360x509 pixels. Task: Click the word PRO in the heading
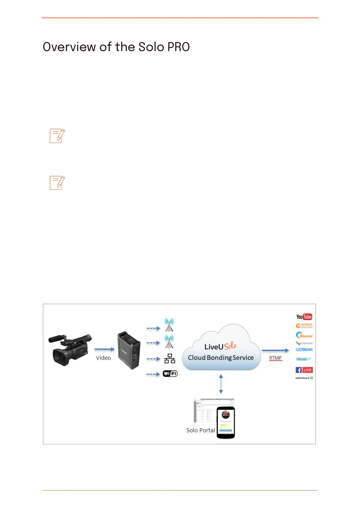pyautogui.click(x=178, y=47)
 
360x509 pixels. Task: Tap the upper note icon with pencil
pyautogui.click(x=57, y=136)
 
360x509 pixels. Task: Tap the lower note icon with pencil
pyautogui.click(x=57, y=183)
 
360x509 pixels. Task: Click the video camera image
pyautogui.click(x=70, y=349)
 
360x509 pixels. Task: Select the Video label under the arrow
pyautogui.click(x=103, y=358)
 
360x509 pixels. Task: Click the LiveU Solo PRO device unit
pyautogui.click(x=129, y=350)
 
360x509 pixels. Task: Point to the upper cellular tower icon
pyautogui.click(x=169, y=325)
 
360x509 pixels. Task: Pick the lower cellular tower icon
pyautogui.click(x=169, y=342)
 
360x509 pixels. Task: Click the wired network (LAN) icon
pyautogui.click(x=170, y=358)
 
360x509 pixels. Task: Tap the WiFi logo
pyautogui.click(x=170, y=374)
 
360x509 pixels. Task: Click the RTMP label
pyautogui.click(x=275, y=358)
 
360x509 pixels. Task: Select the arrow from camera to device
pyautogui.click(x=105, y=349)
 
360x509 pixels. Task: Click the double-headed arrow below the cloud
pyautogui.click(x=221, y=384)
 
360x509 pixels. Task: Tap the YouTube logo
pyautogui.click(x=304, y=317)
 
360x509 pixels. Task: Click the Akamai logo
pyautogui.click(x=304, y=335)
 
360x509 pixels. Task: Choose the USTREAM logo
pyautogui.click(x=304, y=350)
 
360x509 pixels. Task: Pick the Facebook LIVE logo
pyautogui.click(x=304, y=370)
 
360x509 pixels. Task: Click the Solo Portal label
pyautogui.click(x=200, y=430)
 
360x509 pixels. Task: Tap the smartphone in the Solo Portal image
pyautogui.click(x=226, y=423)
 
